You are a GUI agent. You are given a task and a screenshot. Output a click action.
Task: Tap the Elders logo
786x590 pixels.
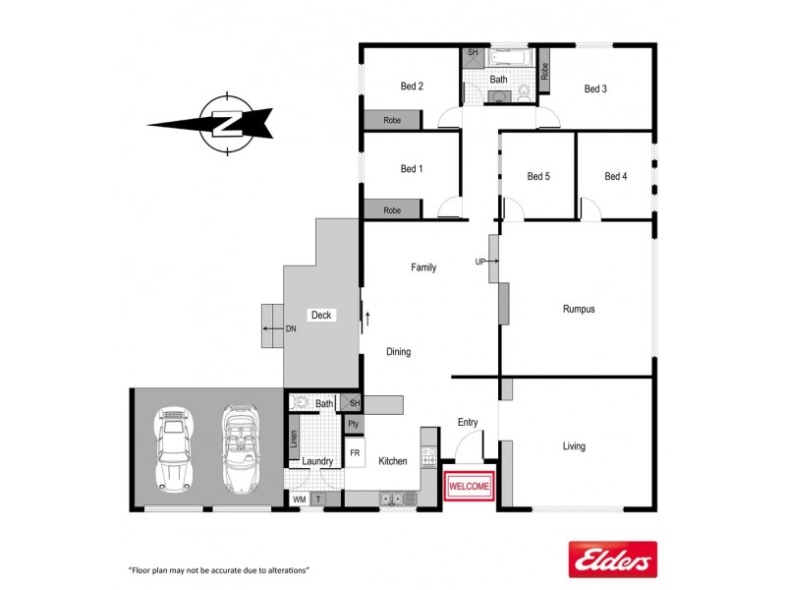tap(612, 560)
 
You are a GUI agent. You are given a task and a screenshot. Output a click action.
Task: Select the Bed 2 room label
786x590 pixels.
tap(412, 87)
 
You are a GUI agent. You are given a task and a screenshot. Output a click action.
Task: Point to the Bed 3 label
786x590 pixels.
tap(595, 88)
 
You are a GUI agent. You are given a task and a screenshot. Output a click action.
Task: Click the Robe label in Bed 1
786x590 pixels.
tap(392, 210)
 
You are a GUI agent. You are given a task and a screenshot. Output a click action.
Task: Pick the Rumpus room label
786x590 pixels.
tap(579, 309)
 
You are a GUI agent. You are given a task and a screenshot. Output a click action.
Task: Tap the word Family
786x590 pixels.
tap(423, 267)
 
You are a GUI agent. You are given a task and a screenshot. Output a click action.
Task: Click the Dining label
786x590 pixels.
tap(398, 352)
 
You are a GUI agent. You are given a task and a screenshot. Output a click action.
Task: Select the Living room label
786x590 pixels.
tap(574, 446)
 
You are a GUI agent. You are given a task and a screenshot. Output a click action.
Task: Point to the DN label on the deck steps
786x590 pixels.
tap(291, 329)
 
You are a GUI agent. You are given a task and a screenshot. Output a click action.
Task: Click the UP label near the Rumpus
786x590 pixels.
tap(480, 262)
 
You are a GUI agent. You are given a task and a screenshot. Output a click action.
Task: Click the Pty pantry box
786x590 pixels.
tap(354, 424)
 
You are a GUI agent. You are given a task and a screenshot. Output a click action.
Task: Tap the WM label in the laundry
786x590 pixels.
tap(300, 500)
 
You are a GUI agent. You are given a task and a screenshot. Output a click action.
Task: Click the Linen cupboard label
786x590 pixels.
tap(293, 436)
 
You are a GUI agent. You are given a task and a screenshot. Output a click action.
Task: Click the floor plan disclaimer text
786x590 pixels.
tap(219, 570)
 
